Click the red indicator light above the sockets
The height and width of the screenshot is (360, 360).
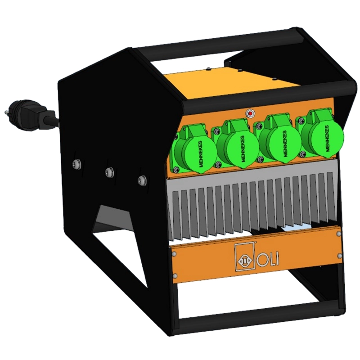(251, 113)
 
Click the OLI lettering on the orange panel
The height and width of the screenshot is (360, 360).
(268, 260)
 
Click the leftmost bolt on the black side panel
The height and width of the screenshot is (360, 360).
(76, 164)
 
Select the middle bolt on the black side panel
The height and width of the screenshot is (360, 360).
(109, 171)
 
